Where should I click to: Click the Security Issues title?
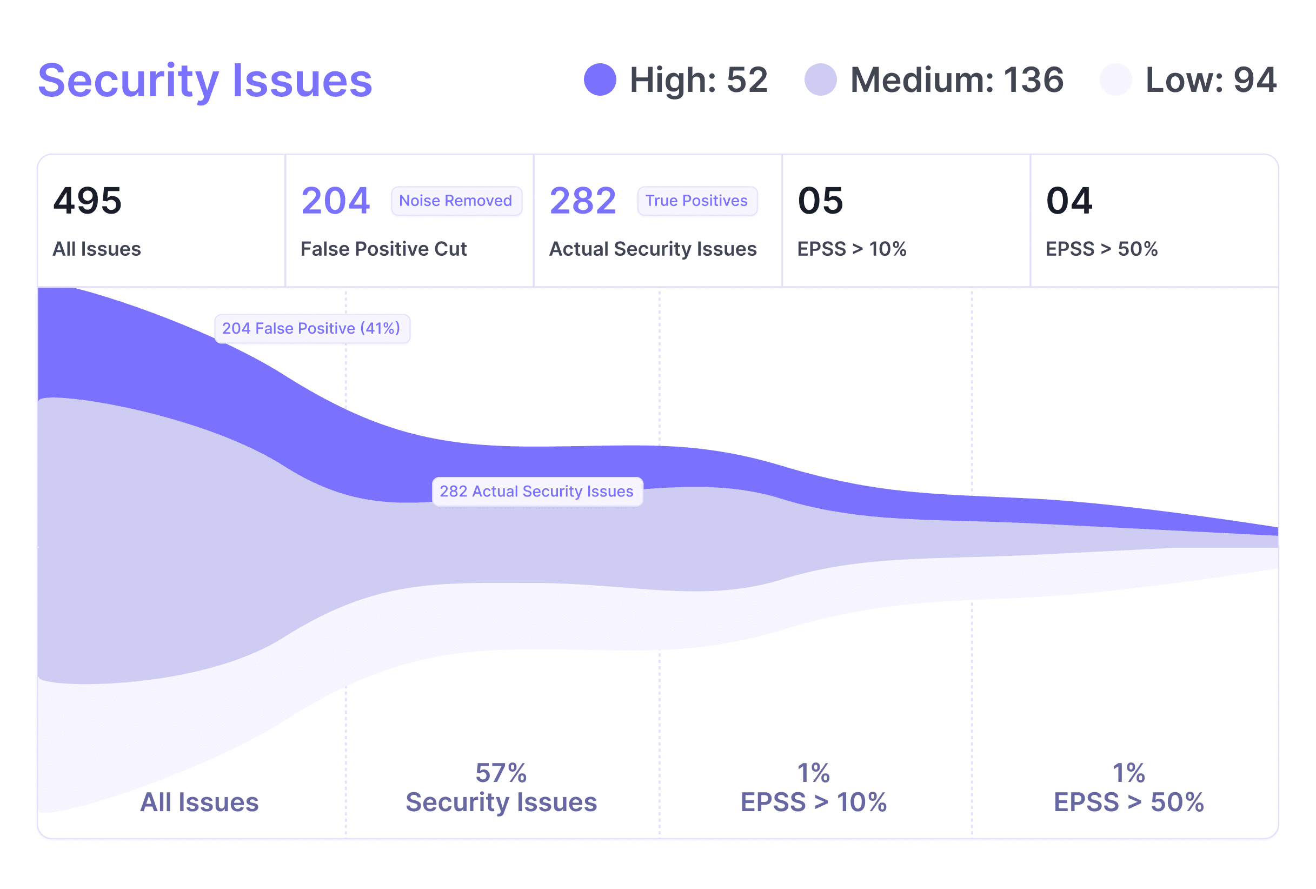pos(205,81)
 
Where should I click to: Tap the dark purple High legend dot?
pos(600,80)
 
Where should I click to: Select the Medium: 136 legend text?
pos(956,80)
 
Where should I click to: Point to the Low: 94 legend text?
pos(1210,80)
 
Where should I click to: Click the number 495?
pos(87,201)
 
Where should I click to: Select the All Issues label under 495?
pos(97,249)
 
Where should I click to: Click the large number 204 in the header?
pos(335,201)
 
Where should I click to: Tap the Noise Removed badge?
pos(456,201)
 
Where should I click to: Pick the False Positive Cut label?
pos(383,249)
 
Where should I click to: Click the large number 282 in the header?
pos(583,201)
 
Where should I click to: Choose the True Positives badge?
pos(696,201)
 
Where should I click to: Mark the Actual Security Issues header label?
pos(653,249)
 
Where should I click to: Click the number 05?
pos(821,201)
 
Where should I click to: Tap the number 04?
pos(1069,201)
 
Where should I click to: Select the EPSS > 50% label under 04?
pos(1101,249)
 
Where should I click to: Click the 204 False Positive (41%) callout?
pos(311,328)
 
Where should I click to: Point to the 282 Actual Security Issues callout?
pos(537,492)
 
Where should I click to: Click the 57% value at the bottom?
pos(501,773)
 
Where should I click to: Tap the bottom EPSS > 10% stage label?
pos(813,802)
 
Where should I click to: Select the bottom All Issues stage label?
pos(200,802)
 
